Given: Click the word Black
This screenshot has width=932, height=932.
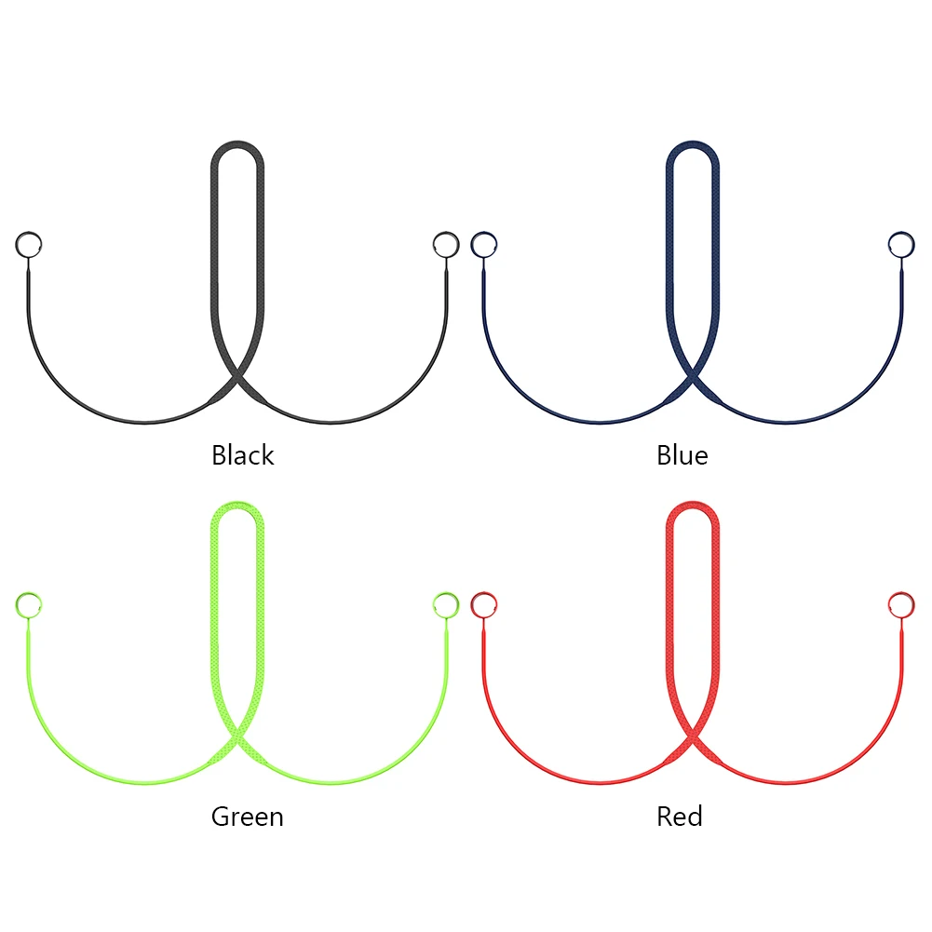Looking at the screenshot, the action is [x=243, y=455].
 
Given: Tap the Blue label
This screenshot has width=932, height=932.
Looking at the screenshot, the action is [x=682, y=455].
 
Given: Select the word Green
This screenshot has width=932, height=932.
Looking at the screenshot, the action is [x=247, y=817].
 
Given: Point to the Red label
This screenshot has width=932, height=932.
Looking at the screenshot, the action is [x=679, y=817].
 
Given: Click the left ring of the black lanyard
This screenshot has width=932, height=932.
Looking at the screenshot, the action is [x=29, y=245].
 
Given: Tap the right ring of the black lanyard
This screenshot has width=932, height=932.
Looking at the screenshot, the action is [x=446, y=245].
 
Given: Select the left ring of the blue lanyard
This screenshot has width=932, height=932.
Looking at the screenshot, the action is [x=483, y=245].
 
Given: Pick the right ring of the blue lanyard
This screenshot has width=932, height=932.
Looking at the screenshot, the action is [x=900, y=245].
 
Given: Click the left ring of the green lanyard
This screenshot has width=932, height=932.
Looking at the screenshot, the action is [x=29, y=605].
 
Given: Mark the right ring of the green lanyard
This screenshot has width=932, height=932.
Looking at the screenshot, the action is [x=446, y=605].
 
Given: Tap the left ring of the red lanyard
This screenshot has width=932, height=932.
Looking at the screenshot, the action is [x=483, y=605].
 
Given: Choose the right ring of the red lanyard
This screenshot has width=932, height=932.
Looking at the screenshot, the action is [x=900, y=605].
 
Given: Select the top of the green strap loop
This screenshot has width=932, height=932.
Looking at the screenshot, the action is [x=237, y=507].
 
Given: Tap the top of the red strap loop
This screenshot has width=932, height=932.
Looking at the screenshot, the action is [x=692, y=507].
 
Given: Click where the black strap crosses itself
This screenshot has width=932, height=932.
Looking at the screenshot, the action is [x=237, y=382].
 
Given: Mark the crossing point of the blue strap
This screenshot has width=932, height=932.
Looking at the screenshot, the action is [x=692, y=382].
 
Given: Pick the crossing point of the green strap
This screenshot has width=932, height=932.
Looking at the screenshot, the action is [x=237, y=742].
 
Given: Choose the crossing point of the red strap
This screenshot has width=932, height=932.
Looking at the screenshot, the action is [x=692, y=742].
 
